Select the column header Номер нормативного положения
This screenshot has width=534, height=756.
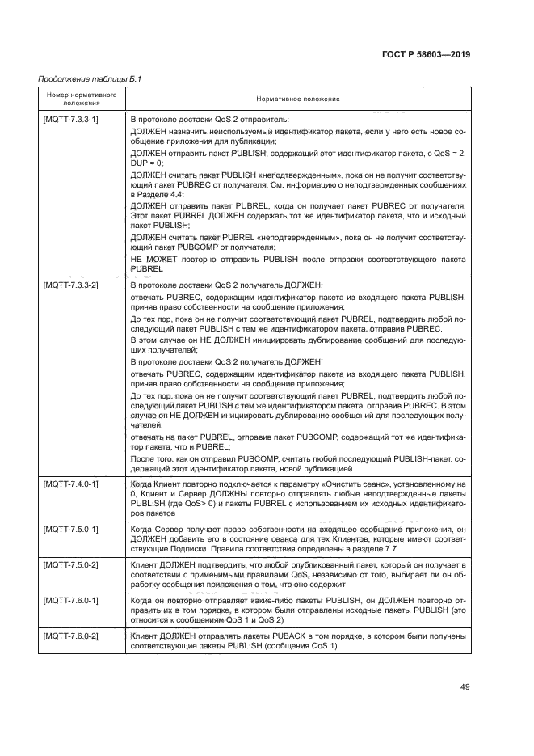point(79,98)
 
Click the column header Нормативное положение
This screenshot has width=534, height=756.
point(297,99)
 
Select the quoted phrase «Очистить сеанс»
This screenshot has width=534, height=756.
point(335,483)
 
